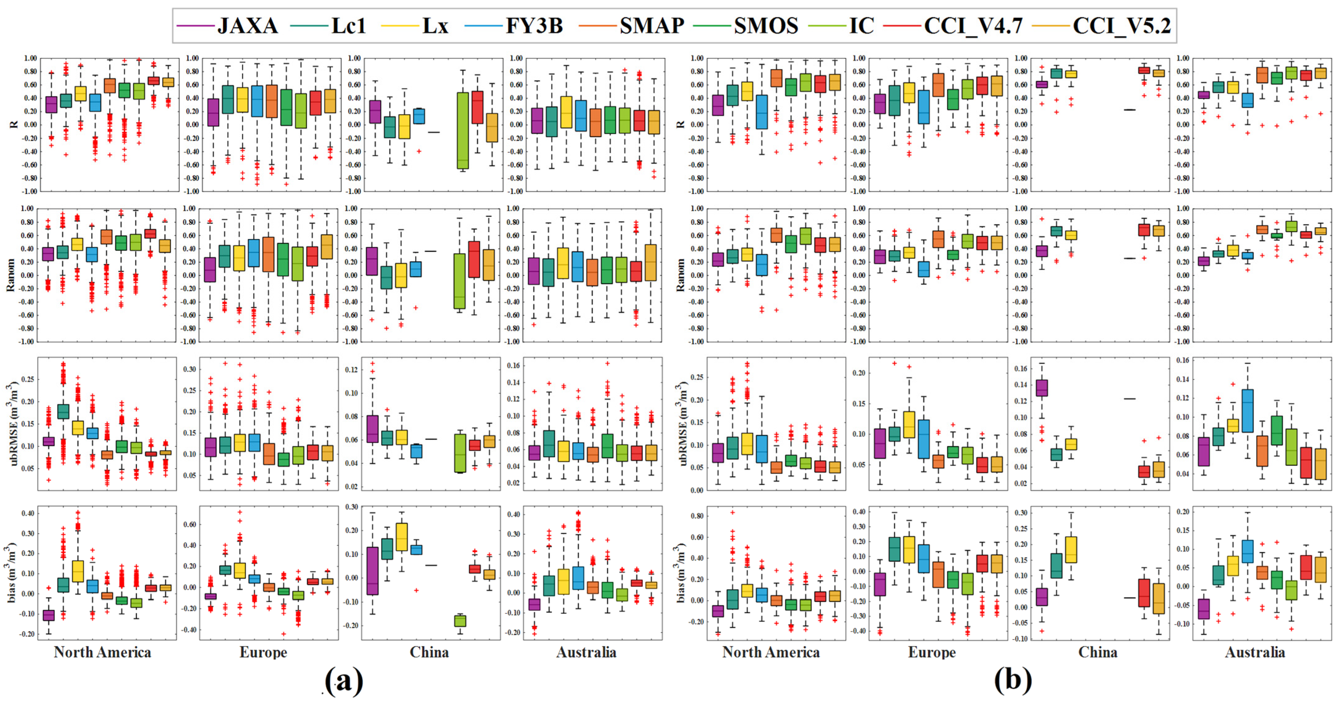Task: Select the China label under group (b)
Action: tap(1097, 652)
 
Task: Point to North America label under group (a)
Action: tap(102, 652)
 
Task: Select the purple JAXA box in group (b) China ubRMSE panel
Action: tap(1042, 387)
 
